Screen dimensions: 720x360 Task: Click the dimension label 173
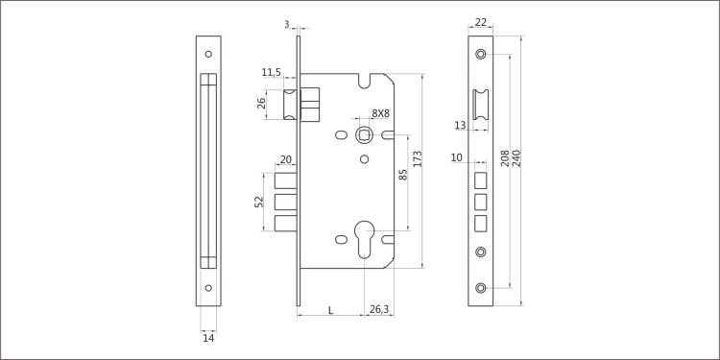coord(418,158)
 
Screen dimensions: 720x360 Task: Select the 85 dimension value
coord(402,175)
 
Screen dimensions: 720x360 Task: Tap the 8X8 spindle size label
coord(381,113)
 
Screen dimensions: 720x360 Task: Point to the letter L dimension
coord(330,310)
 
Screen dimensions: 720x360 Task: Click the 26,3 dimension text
coord(379,310)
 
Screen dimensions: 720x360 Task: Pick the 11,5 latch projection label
coord(271,72)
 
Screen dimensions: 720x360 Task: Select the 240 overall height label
coord(516,158)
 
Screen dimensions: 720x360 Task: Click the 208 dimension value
coord(505,158)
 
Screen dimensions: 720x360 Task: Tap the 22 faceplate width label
coord(480,22)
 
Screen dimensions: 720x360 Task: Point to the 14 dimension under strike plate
coord(208,338)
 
